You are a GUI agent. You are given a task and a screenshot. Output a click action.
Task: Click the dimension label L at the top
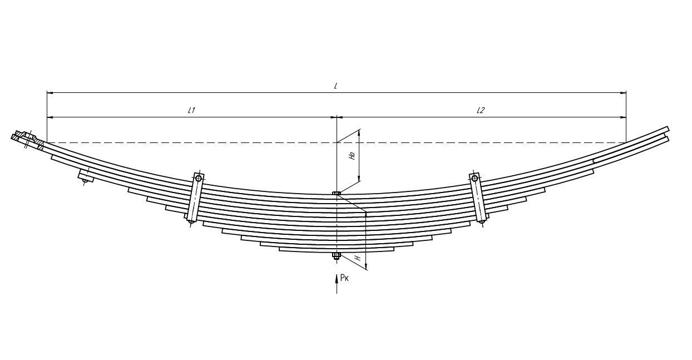335,86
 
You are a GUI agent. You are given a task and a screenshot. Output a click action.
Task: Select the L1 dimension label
191,110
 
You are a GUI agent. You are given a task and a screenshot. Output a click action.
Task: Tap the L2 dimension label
481,110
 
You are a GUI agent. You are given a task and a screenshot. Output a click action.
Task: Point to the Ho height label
352,155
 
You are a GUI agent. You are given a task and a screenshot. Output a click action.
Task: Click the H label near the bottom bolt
358,258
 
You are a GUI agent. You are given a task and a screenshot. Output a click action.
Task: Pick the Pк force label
344,278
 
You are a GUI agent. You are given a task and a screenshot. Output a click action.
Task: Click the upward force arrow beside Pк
337,284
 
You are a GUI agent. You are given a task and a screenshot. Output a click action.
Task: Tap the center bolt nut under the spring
337,255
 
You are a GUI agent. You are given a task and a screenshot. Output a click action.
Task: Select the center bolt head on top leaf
337,193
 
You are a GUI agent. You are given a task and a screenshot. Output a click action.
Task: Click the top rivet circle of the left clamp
199,178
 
